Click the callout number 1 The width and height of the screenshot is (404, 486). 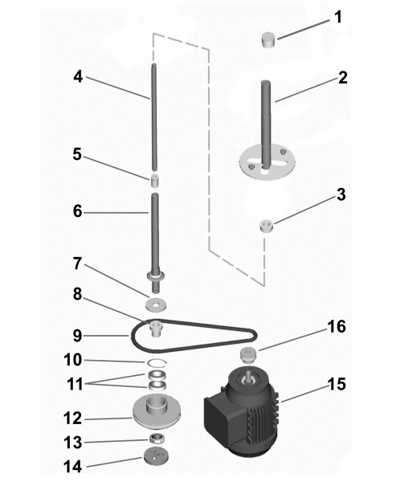(338, 17)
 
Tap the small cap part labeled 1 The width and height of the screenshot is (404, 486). (268, 39)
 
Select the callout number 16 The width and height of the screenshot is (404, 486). (337, 327)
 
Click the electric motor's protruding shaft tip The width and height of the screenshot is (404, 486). (248, 374)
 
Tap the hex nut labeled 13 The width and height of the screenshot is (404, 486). (157, 439)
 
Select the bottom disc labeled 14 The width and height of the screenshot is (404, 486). (157, 456)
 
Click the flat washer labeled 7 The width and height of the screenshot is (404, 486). (156, 303)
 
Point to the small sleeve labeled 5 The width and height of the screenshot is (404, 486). (155, 181)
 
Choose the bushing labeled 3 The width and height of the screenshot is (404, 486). (267, 226)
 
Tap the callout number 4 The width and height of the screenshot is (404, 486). (78, 76)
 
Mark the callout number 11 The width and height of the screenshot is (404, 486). (75, 384)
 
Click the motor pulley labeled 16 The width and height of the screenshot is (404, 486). (249, 354)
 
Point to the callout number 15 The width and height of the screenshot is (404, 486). (337, 384)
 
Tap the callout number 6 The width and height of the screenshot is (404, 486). (77, 211)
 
